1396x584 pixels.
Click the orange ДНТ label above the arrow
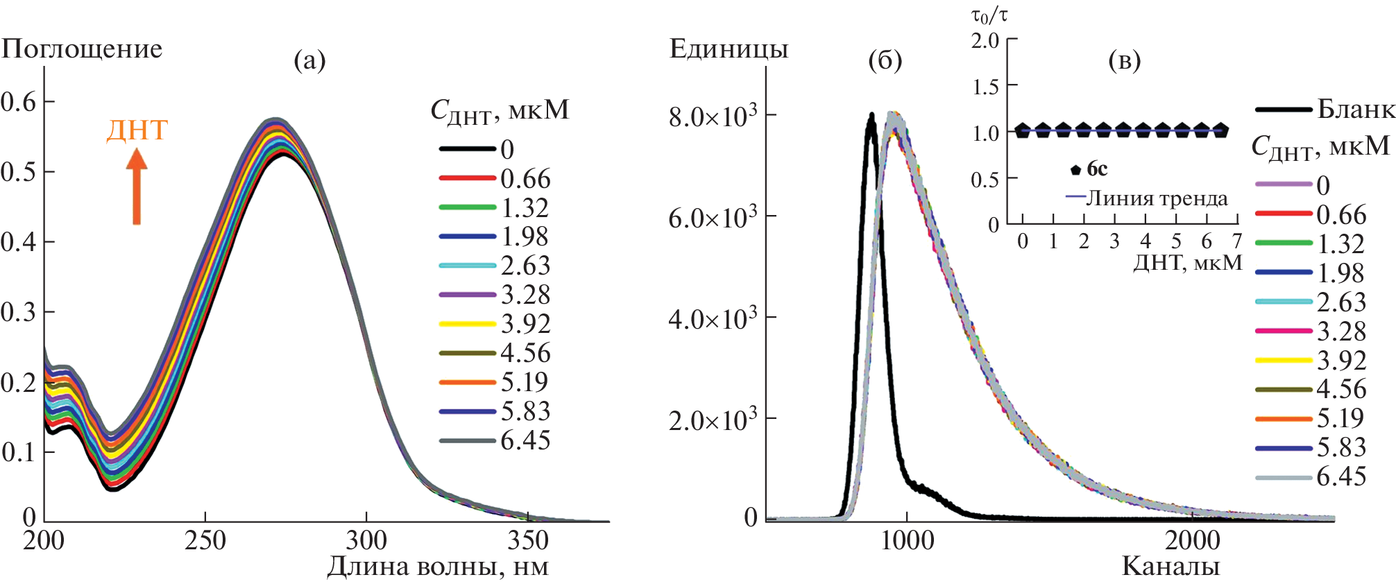coord(137,130)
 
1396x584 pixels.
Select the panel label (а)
coord(309,60)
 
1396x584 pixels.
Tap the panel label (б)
coord(885,60)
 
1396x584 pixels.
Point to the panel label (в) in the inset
coord(1125,60)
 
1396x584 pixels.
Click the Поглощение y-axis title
coord(82,49)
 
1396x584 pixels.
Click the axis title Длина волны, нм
coord(438,567)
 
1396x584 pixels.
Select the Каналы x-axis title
coord(1171,567)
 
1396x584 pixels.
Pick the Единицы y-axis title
coord(729,49)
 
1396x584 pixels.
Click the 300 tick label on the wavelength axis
coord(366,540)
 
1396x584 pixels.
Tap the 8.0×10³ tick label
coord(713,116)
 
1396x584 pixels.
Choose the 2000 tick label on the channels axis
coord(1192,540)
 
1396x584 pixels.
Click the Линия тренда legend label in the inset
coord(1156,198)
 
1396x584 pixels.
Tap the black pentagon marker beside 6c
coord(1076,169)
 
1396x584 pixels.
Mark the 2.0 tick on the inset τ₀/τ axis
coord(985,41)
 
